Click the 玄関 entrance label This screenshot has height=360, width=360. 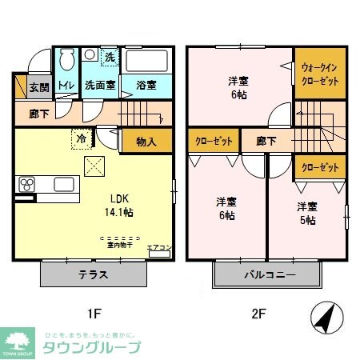[x=38, y=87]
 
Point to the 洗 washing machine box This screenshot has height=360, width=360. [x=109, y=57]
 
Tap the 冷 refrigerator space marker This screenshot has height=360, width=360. [x=82, y=137]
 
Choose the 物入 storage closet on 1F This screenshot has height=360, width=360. [x=146, y=142]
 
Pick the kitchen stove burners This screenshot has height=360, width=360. [x=27, y=186]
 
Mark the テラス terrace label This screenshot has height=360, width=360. [x=95, y=274]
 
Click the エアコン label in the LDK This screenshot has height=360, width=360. [x=157, y=248]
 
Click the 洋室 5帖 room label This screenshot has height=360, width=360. [x=308, y=212]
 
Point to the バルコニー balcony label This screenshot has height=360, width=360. [x=270, y=274]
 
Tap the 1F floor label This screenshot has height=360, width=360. [x=94, y=314]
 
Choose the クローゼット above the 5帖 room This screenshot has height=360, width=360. [x=320, y=167]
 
